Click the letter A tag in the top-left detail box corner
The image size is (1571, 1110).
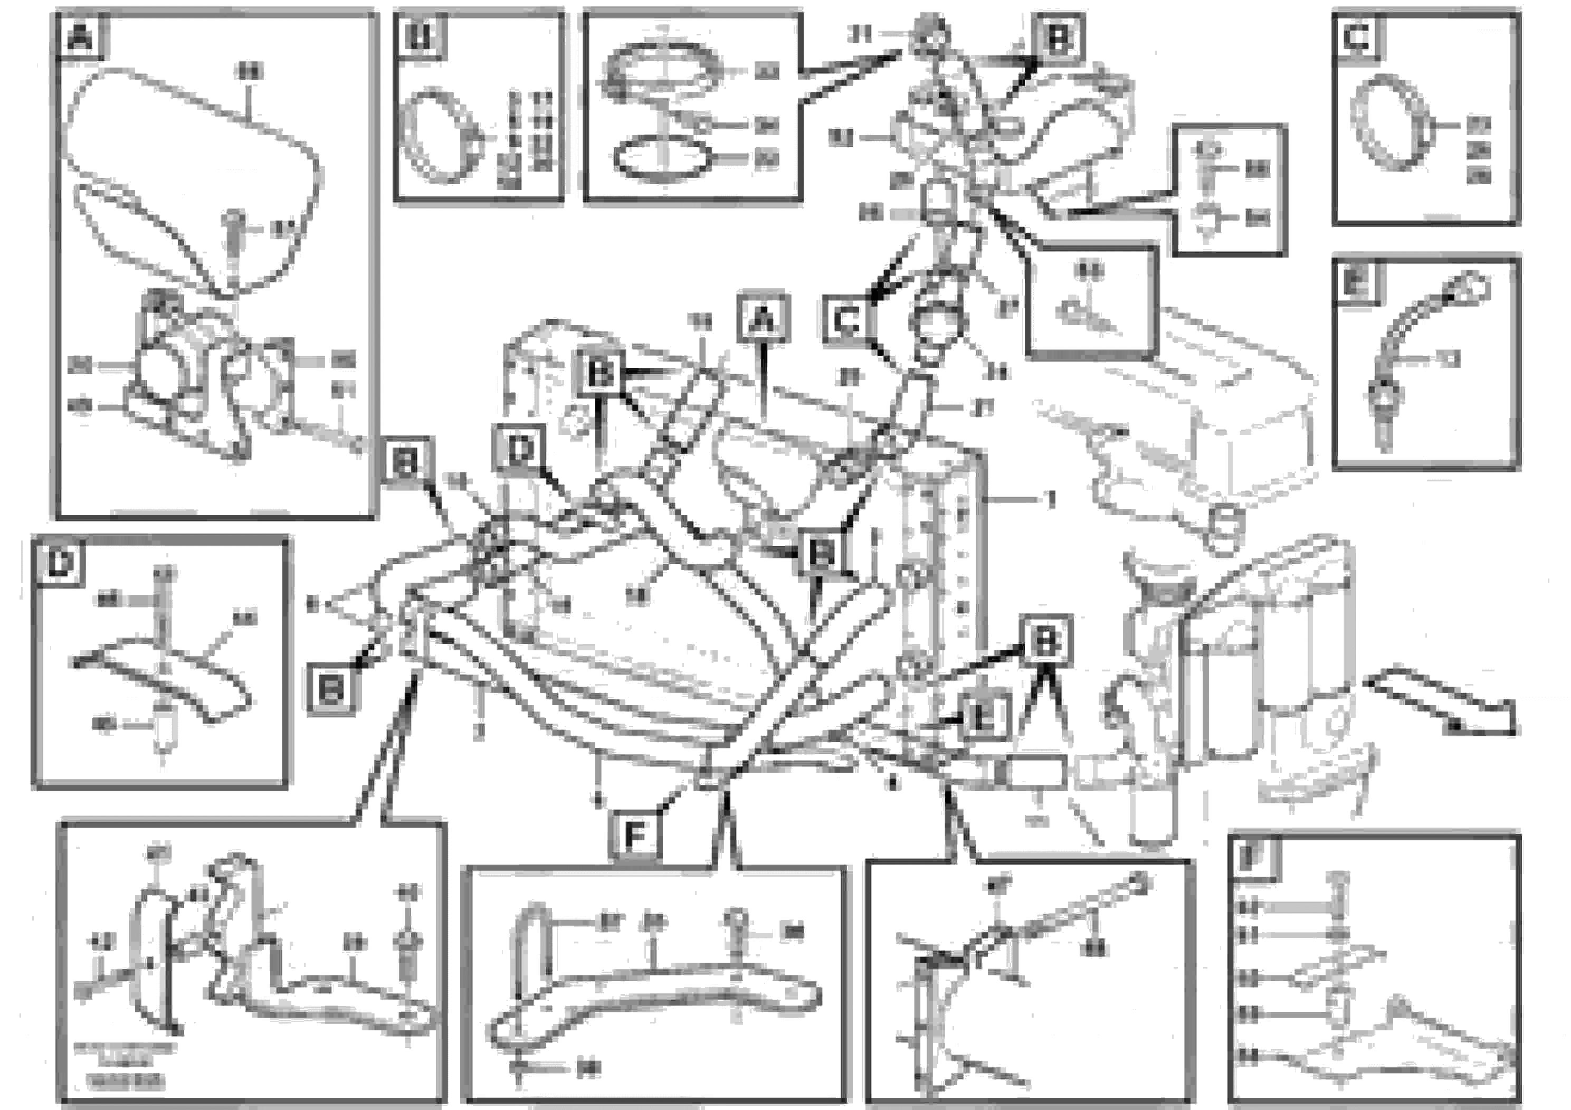click(x=81, y=35)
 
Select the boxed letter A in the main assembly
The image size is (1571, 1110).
click(x=764, y=319)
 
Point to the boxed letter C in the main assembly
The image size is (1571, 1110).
click(x=848, y=319)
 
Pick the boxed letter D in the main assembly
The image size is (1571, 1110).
click(x=520, y=450)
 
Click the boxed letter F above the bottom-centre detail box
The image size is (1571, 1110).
click(x=635, y=836)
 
